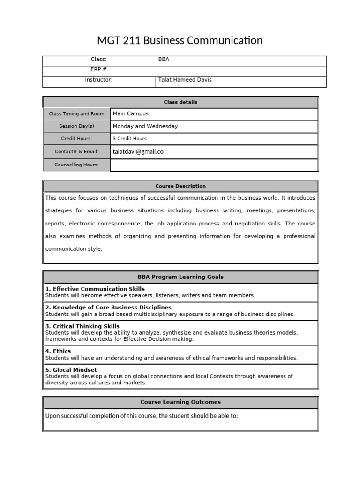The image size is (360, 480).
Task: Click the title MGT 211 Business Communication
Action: (180, 41)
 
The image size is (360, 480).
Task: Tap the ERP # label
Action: (98, 69)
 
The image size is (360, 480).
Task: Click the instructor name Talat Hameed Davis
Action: (185, 80)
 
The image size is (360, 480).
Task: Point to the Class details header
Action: (180, 102)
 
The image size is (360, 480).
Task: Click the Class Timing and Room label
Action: (77, 114)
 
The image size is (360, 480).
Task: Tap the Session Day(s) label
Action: (77, 126)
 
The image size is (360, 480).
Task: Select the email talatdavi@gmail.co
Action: (138, 152)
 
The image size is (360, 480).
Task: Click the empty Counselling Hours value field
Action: (214, 165)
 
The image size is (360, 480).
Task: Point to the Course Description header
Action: (180, 186)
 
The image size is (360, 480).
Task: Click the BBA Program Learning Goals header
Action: (180, 277)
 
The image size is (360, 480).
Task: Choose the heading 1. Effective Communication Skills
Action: (95, 289)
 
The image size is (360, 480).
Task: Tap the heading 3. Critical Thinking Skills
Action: (82, 326)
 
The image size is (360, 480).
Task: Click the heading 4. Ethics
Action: (58, 351)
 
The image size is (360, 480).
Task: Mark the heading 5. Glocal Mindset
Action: (71, 370)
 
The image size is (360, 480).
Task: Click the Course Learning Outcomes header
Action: (180, 402)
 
